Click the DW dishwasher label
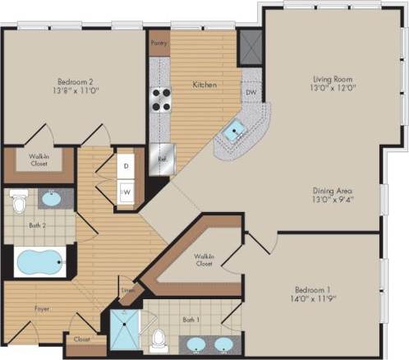click(x=251, y=92)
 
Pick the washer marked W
click(x=127, y=191)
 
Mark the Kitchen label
click(x=204, y=84)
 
